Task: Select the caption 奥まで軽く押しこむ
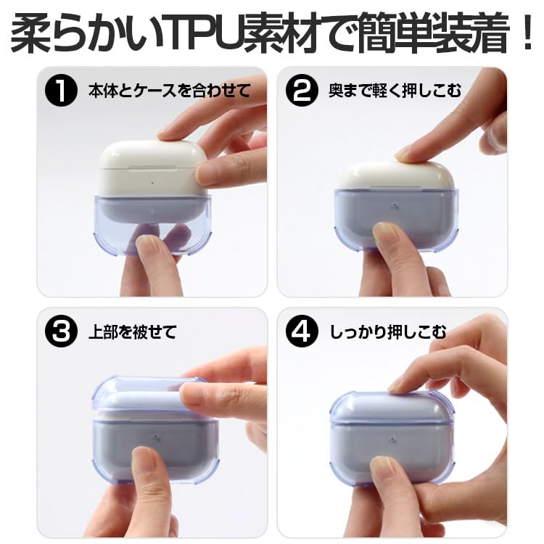click(395, 91)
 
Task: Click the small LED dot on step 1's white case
click(154, 181)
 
